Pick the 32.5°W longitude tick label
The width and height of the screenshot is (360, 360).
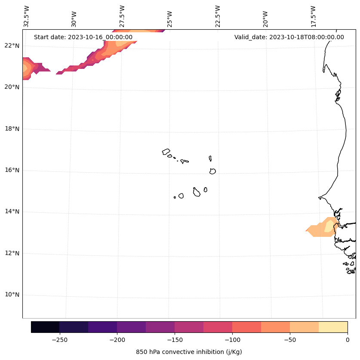27,16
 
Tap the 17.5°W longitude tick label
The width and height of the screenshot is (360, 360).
313,16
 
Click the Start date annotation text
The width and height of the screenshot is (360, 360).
83,37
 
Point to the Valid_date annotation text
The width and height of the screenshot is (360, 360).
289,37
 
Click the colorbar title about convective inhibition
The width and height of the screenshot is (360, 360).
189,352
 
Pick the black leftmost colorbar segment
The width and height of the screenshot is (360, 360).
45,327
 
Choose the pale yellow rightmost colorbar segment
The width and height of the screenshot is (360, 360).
333,327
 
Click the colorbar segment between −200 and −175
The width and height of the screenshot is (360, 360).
131,327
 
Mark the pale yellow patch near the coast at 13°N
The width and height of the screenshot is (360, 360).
330,226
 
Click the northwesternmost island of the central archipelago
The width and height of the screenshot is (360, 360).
166,152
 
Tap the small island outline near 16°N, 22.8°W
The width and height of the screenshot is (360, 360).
212,171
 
